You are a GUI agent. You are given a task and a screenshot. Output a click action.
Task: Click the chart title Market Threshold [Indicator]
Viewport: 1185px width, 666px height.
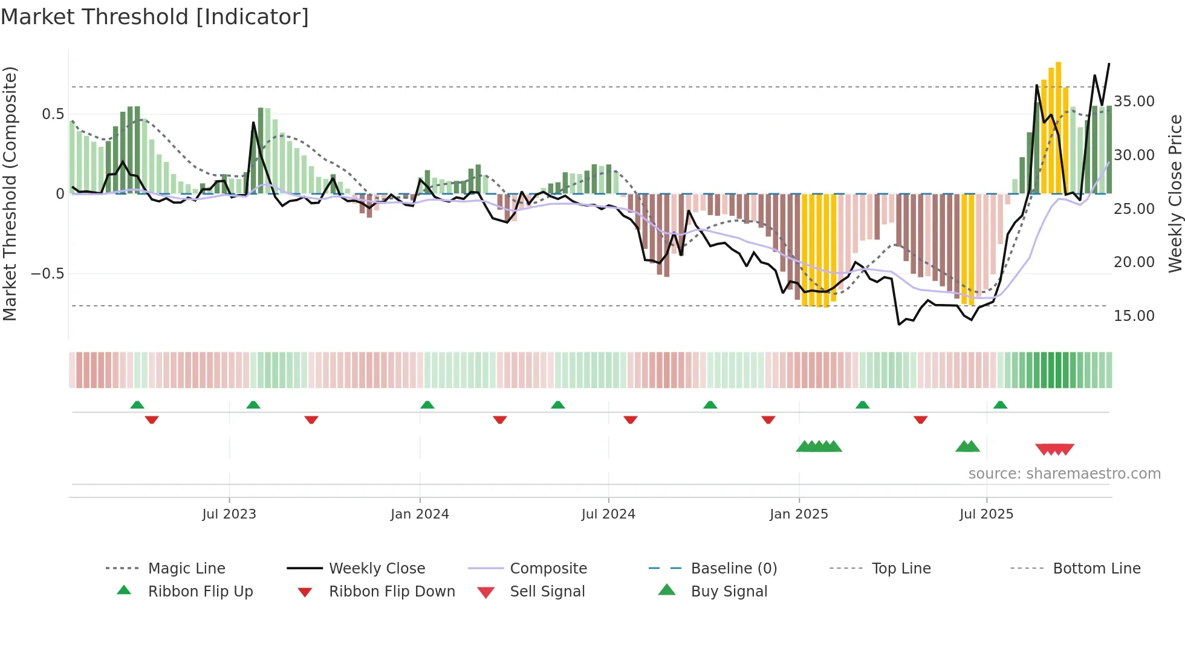coord(155,17)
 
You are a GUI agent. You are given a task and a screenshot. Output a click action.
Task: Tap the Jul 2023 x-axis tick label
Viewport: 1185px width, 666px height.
coord(229,514)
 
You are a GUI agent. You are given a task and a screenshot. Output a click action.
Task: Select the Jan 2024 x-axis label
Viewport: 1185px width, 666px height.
coord(420,514)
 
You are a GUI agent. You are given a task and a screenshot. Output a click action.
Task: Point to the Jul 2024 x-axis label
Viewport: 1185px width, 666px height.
coord(608,514)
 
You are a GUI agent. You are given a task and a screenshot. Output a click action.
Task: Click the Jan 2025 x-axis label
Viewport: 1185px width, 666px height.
coord(799,514)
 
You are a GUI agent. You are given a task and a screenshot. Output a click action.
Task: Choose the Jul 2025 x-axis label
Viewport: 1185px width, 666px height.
coord(986,514)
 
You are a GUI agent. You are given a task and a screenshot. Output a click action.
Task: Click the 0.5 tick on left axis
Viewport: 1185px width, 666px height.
coord(53,114)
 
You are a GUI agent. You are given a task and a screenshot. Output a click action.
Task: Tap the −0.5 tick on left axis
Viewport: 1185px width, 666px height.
coord(48,274)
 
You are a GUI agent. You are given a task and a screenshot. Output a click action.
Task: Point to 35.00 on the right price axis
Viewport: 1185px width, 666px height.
coord(1134,102)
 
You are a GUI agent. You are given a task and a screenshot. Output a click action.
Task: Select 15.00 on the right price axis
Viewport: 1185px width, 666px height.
coord(1134,316)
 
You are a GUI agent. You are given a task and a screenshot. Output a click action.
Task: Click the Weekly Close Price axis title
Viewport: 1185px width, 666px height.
coord(1175,193)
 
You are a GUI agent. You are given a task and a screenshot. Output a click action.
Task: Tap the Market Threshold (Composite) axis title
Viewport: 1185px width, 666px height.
coord(10,193)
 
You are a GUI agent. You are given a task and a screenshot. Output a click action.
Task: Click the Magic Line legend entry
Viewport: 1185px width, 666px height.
coord(186,569)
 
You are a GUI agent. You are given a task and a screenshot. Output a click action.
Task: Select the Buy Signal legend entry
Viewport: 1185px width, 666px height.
coord(729,592)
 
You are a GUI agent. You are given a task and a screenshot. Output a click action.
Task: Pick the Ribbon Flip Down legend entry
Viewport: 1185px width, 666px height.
coord(391,592)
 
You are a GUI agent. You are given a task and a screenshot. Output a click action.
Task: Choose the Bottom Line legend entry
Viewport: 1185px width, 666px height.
coord(1096,569)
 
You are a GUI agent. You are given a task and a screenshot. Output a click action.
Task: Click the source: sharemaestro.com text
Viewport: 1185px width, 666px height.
coord(1064,474)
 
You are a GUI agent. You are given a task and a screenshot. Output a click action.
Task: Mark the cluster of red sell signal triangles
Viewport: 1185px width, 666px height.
coord(1054,449)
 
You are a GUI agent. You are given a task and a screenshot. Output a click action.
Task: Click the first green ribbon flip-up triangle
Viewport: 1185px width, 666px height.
coord(137,405)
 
